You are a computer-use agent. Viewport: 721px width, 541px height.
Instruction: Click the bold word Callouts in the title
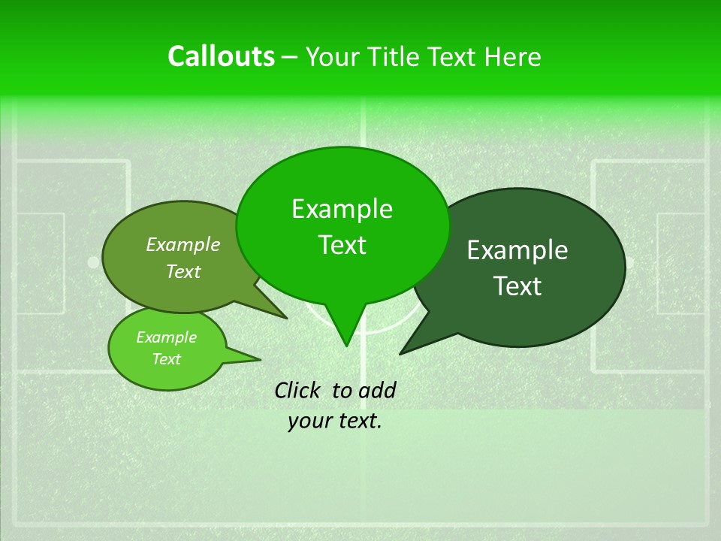(x=221, y=56)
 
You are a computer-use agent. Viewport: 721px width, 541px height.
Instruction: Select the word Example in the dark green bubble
(x=517, y=250)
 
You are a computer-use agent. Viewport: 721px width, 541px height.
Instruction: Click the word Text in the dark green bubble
(x=517, y=286)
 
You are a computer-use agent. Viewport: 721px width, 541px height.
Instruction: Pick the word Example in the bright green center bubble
(x=342, y=209)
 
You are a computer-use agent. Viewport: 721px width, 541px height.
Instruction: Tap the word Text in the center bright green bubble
(x=342, y=245)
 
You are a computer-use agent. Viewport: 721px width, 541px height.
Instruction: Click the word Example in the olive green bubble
(x=183, y=244)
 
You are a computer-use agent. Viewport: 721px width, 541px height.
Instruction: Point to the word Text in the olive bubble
(x=183, y=271)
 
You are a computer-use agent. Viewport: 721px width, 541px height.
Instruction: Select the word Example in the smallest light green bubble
(x=166, y=337)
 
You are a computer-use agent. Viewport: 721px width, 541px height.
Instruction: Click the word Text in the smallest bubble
(x=166, y=359)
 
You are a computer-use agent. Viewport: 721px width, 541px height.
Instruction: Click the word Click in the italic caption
(x=298, y=390)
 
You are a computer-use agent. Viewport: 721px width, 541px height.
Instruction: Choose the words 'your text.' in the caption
(x=335, y=421)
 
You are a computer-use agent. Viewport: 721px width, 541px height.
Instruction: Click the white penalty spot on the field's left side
(x=92, y=262)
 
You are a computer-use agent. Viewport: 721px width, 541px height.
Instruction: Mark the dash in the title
(x=290, y=57)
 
